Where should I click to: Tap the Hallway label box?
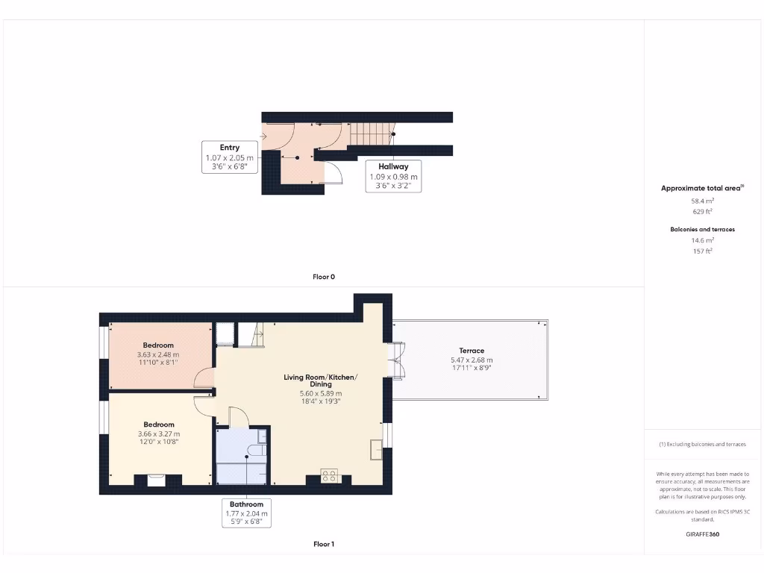tap(393, 176)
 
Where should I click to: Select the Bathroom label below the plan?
tap(246, 513)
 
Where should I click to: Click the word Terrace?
tap(472, 351)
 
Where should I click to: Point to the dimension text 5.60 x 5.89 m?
tap(320, 393)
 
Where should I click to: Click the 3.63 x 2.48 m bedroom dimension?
tap(158, 354)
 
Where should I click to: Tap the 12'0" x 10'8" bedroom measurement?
tap(158, 442)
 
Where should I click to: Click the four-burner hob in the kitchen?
tap(329, 475)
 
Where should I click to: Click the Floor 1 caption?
tap(323, 545)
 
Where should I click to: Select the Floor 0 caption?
tap(323, 277)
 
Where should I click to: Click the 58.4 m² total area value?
tap(702, 201)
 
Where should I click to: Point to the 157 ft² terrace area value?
tap(702, 251)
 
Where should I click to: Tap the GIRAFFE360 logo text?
tap(702, 534)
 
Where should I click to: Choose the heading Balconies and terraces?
tap(702, 229)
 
